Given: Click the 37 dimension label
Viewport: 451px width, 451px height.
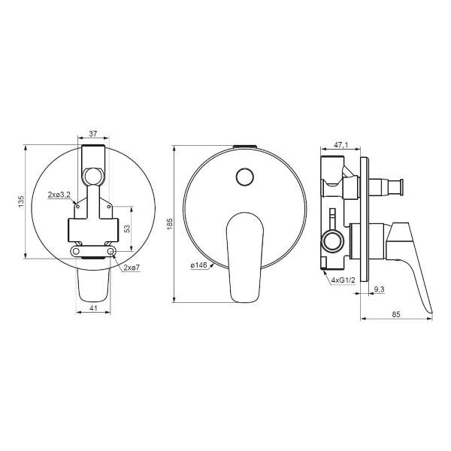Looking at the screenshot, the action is pyautogui.click(x=93, y=134).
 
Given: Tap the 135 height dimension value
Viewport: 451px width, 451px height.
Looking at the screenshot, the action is pyautogui.click(x=21, y=202).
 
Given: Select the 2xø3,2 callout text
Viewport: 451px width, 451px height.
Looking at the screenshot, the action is pyautogui.click(x=59, y=195).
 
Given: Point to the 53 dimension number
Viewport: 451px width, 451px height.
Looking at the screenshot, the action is pyautogui.click(x=127, y=229).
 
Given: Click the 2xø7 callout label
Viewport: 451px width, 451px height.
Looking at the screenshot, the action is pyautogui.click(x=132, y=268).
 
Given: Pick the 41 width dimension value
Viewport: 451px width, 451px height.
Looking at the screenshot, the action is pyautogui.click(x=93, y=308).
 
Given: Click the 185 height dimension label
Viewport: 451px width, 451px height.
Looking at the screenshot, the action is pyautogui.click(x=170, y=224).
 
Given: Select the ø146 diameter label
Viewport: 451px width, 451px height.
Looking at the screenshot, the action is pyautogui.click(x=198, y=265).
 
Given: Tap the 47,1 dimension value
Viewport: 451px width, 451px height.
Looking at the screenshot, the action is pyautogui.click(x=341, y=144).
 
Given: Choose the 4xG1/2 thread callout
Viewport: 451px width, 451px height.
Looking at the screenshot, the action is pyautogui.click(x=344, y=280).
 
